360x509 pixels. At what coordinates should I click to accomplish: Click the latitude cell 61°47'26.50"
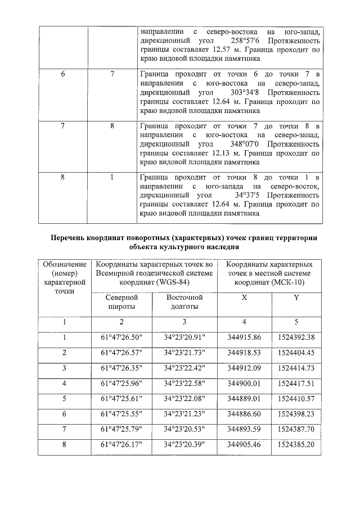pyautogui.click(x=121, y=337)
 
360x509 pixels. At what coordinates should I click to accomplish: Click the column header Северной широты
pyautogui.click(x=121, y=301)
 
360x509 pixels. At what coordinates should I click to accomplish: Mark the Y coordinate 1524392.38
pyautogui.click(x=296, y=337)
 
